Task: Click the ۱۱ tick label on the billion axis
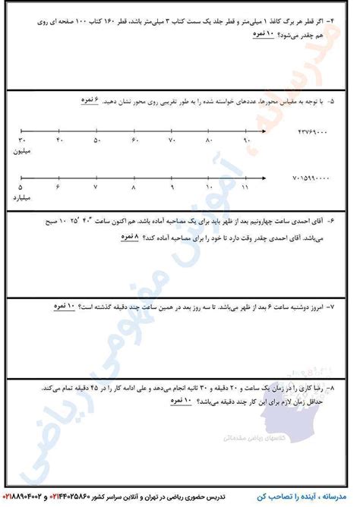pyautogui.click(x=245, y=187)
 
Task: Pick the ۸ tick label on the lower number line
pyautogui.click(x=134, y=187)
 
